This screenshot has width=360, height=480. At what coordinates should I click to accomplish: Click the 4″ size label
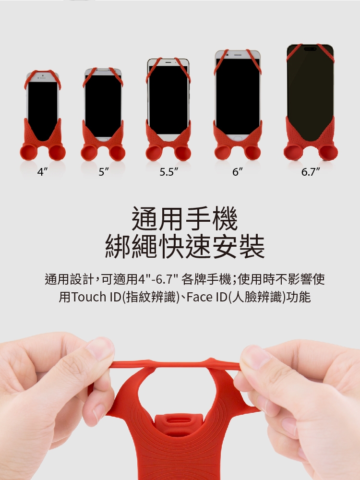pyautogui.click(x=42, y=172)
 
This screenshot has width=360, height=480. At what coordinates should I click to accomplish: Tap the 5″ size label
pyautogui.click(x=104, y=172)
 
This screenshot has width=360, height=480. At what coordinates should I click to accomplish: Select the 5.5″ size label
pyautogui.click(x=168, y=172)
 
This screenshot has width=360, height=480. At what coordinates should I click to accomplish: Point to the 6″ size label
pyautogui.click(x=237, y=172)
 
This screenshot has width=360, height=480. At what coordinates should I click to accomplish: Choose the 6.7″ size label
pyautogui.click(x=311, y=172)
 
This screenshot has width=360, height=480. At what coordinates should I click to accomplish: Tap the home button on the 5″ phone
pyautogui.click(x=104, y=139)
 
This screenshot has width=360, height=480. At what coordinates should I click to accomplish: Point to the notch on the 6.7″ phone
pyautogui.click(x=310, y=49)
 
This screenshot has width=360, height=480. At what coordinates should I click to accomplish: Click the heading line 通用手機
pyautogui.click(x=185, y=218)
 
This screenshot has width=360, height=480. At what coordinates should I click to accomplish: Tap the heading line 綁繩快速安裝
pyautogui.click(x=185, y=246)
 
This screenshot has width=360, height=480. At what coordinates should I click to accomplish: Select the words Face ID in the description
pyautogui.click(x=206, y=297)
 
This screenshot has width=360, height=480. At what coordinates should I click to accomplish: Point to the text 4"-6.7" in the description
pyautogui.click(x=158, y=279)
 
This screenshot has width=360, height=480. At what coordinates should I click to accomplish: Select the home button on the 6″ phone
pyautogui.click(x=237, y=138)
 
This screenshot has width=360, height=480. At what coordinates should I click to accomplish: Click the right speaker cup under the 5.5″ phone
pyautogui.click(x=182, y=153)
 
